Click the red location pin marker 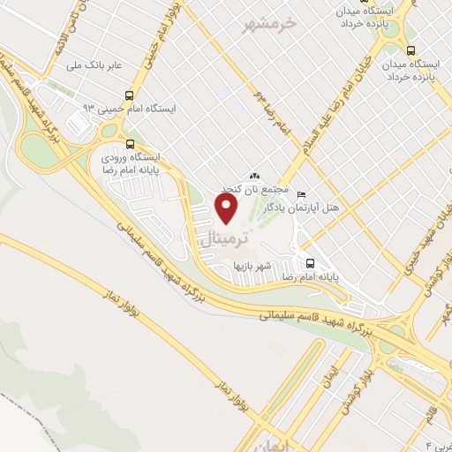click(x=228, y=208)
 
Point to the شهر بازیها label click(x=256, y=264)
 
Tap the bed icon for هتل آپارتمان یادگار click(x=302, y=194)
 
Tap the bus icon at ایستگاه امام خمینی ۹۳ click(x=130, y=95)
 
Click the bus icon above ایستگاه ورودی click(x=130, y=143)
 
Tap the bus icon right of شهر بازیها click(x=310, y=263)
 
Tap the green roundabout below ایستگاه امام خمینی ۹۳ click(x=109, y=131)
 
